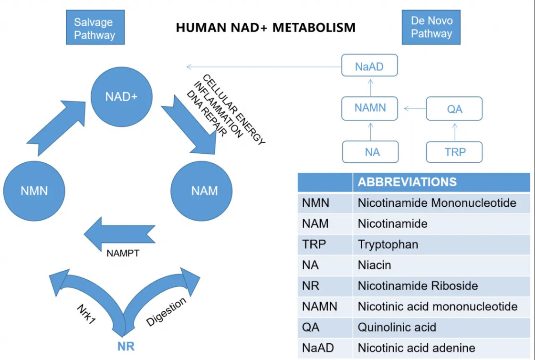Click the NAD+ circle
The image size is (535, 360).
pyautogui.click(x=122, y=97)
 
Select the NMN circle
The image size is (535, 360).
pyautogui.click(x=34, y=191)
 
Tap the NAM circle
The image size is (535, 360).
pyautogui.click(x=201, y=191)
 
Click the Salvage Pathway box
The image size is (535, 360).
pyautogui.click(x=95, y=27)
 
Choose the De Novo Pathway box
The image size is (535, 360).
pyautogui.click(x=431, y=27)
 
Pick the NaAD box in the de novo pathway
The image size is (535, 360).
pyautogui.click(x=369, y=65)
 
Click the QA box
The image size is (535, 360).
pyautogui.click(x=454, y=108)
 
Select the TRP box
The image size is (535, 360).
pyautogui.click(x=454, y=152)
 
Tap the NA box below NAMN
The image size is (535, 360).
pyautogui.click(x=370, y=152)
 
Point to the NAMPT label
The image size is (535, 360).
pyautogui.click(x=123, y=254)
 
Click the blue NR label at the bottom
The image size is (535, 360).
pyautogui.click(x=126, y=346)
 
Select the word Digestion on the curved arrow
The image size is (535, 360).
pyautogui.click(x=166, y=312)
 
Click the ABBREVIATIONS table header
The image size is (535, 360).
pyautogui.click(x=407, y=182)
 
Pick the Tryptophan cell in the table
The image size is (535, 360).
pyautogui.click(x=388, y=244)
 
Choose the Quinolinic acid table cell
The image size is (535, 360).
pyautogui.click(x=397, y=327)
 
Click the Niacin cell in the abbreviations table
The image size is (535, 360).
pyautogui.click(x=374, y=265)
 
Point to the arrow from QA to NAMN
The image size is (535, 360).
pyautogui.click(x=415, y=108)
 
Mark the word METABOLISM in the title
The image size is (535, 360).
pyautogui.click(x=314, y=28)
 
